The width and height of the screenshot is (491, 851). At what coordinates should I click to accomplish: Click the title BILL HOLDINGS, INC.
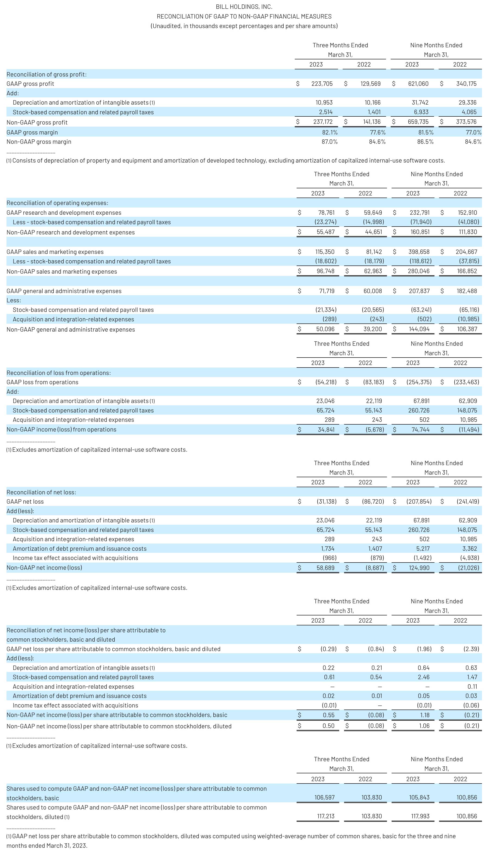(244, 7)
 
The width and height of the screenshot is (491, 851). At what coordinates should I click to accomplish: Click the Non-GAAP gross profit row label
(37, 122)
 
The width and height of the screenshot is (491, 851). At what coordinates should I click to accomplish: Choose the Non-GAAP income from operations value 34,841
(326, 429)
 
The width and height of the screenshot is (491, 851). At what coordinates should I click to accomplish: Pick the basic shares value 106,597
(324, 797)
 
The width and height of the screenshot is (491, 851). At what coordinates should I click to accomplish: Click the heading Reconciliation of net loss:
(41, 492)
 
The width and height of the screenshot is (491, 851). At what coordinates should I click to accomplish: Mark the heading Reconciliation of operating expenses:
(57, 203)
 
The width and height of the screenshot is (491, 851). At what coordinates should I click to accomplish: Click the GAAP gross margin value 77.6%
(377, 132)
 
